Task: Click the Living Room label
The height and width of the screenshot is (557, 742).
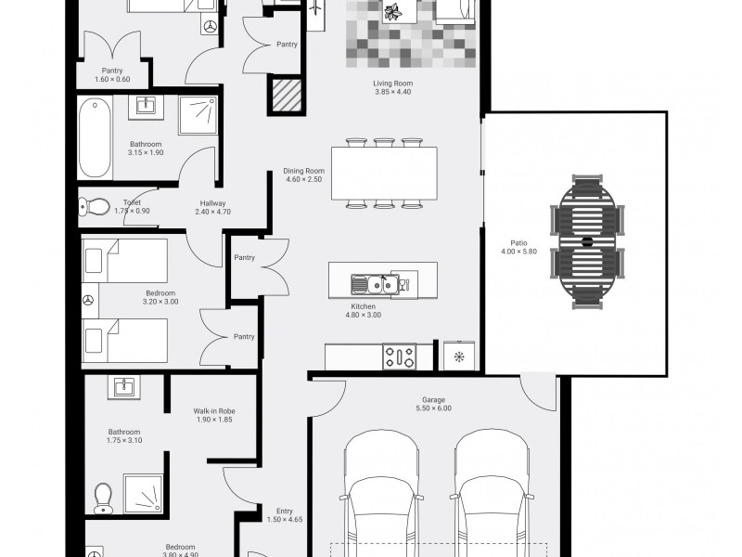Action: [392, 84]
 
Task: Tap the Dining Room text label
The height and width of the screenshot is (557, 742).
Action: [304, 171]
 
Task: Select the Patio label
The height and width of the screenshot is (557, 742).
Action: [519, 243]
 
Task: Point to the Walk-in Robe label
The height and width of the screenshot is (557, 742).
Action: [214, 411]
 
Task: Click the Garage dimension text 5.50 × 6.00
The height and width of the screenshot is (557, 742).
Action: [433, 408]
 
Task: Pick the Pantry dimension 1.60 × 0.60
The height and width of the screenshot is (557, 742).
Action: [112, 79]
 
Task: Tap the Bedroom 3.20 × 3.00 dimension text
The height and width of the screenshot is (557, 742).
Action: [160, 301]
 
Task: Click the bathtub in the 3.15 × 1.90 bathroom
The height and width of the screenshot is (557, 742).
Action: [96, 137]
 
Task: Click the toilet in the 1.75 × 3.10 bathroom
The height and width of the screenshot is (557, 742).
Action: [103, 498]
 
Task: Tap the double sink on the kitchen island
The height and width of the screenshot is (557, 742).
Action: [375, 285]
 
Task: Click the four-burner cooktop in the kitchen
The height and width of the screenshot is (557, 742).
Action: [400, 356]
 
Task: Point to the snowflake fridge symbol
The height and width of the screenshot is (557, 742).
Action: [459, 356]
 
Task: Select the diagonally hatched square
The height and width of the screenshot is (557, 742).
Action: [287, 96]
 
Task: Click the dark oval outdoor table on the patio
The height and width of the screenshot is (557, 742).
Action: [587, 242]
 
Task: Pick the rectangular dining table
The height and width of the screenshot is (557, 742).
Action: [384, 174]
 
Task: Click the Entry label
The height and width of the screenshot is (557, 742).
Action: [285, 512]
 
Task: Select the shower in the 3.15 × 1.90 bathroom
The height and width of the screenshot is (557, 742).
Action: [198, 114]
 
